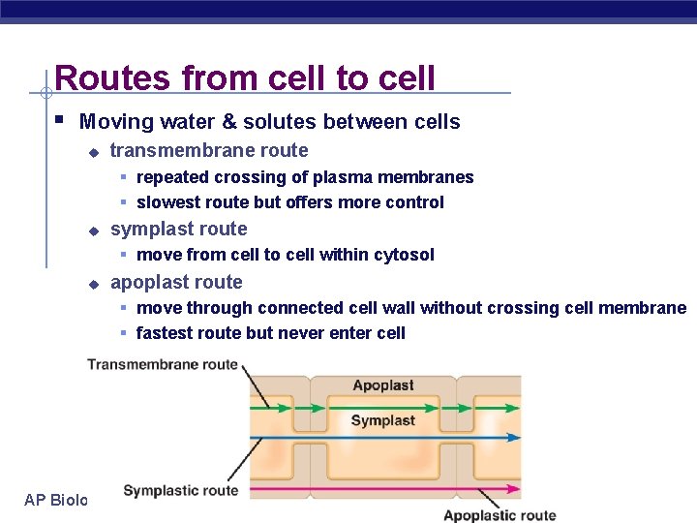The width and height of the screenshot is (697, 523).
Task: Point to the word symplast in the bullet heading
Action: [x=147, y=230]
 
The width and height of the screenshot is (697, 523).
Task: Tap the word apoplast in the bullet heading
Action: [x=147, y=283]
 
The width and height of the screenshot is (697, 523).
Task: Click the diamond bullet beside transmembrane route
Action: [x=93, y=152]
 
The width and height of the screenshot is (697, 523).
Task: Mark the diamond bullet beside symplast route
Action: [x=93, y=231]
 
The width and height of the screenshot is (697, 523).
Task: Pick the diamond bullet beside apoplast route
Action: [x=93, y=284]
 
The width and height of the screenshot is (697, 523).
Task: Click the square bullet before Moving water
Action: [x=60, y=121]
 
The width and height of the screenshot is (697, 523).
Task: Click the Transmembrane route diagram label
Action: [x=163, y=365]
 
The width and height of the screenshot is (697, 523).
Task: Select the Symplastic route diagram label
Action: [x=180, y=491]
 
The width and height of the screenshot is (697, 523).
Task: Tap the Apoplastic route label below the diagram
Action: [x=499, y=515]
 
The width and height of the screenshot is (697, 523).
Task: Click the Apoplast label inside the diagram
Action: [x=383, y=385]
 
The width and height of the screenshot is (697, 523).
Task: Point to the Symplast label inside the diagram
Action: [x=382, y=420]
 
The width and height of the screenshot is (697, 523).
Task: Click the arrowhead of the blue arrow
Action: [x=513, y=437]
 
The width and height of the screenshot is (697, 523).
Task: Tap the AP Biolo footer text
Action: [x=55, y=500]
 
